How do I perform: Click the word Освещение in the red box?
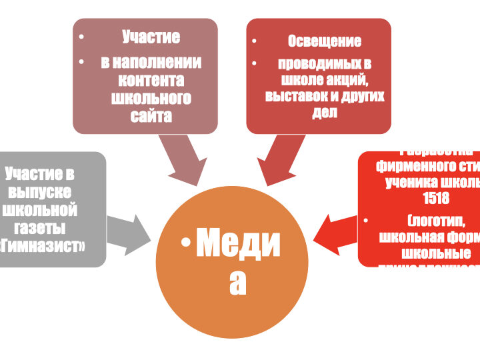[325, 41]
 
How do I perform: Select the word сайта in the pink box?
[151, 117]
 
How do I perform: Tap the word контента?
[151, 80]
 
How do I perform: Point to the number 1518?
[436, 198]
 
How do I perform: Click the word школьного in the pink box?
[151, 99]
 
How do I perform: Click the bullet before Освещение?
[255, 41]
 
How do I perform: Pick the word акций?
[348, 79]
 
